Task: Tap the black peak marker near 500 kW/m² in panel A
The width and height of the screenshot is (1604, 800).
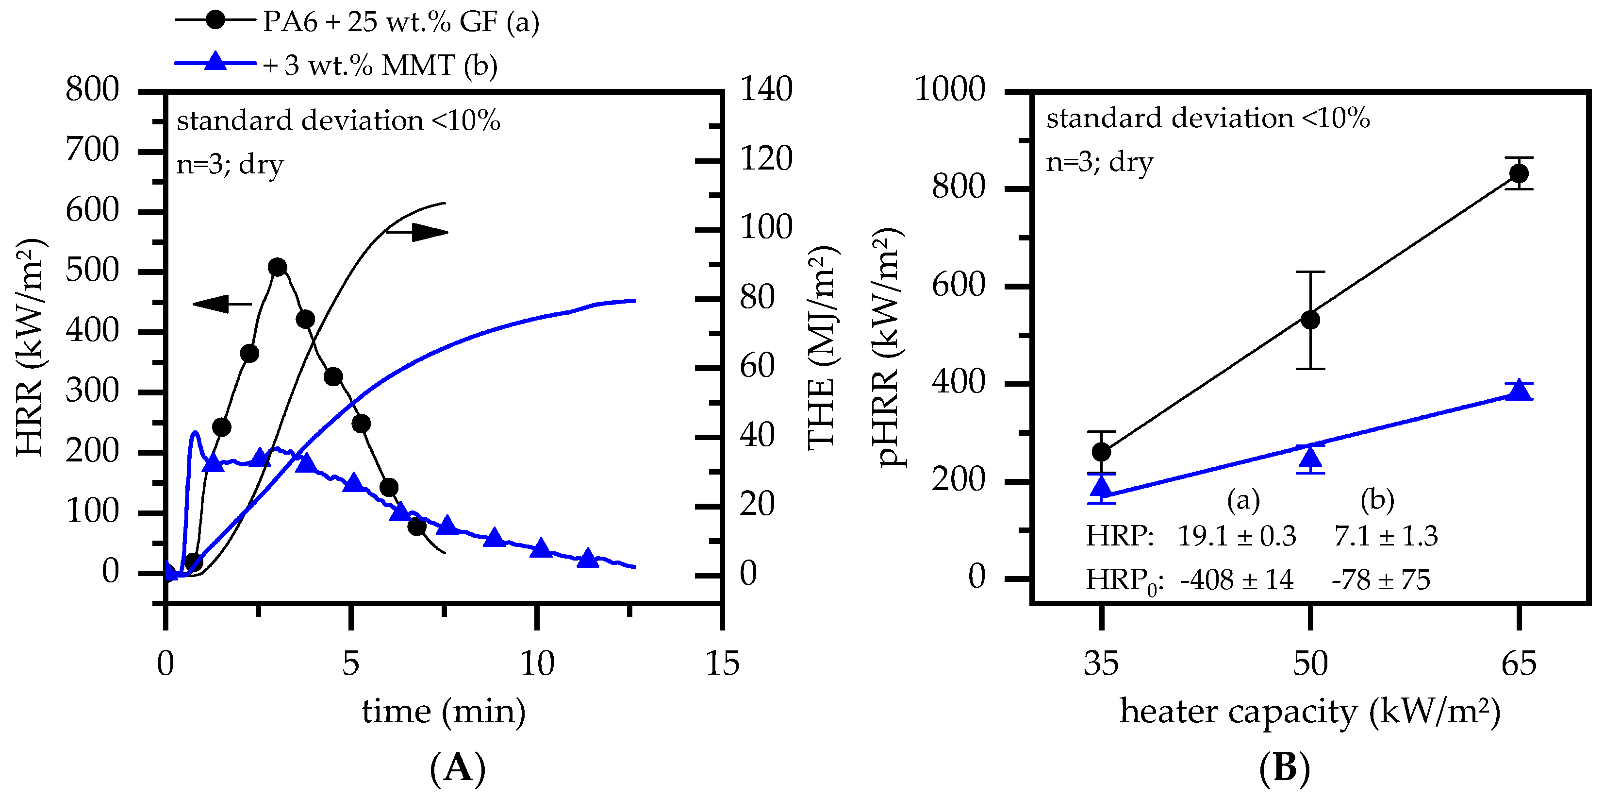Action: tap(278, 267)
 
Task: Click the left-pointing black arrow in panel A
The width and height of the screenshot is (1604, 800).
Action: tap(222, 304)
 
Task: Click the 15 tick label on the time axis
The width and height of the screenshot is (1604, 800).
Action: tap(722, 664)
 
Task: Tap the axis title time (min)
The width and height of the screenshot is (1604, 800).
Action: tap(444, 711)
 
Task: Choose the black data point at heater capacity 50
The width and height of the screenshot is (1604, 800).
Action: tap(1311, 320)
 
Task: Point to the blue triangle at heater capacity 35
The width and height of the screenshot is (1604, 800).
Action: tap(1102, 486)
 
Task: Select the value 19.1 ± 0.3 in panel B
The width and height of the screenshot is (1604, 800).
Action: tap(1237, 536)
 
